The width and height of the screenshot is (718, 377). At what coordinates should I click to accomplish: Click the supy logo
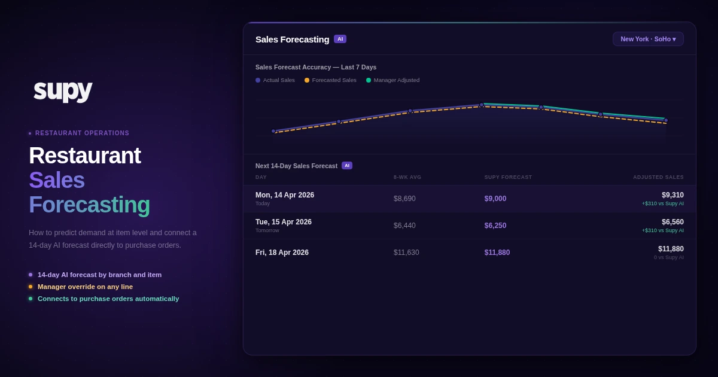tap(63, 89)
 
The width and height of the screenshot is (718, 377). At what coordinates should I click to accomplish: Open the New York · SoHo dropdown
tap(648, 39)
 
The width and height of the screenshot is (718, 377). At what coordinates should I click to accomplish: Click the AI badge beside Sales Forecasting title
tap(340, 39)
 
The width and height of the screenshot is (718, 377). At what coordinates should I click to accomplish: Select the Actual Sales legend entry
tap(275, 80)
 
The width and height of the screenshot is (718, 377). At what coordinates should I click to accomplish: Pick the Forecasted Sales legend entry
tap(330, 80)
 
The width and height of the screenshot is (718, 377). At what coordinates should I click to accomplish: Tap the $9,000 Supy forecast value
tap(495, 199)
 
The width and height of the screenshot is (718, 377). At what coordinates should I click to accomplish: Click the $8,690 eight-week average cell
tap(404, 199)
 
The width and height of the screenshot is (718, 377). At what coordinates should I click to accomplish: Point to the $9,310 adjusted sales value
tap(673, 195)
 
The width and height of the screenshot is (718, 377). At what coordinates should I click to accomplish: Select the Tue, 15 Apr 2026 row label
tap(284, 222)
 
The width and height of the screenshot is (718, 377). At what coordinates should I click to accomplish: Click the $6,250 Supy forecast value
tap(495, 226)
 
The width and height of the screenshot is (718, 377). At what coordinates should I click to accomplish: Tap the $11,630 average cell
tap(406, 253)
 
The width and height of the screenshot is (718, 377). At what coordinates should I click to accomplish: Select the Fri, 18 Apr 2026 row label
tap(282, 253)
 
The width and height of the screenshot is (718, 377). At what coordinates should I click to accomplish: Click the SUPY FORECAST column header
tap(508, 177)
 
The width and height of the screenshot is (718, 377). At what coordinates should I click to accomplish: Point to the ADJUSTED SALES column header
tap(658, 177)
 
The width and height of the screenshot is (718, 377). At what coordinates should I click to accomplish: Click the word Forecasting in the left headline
tap(89, 205)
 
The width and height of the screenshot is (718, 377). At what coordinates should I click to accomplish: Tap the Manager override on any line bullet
tap(85, 287)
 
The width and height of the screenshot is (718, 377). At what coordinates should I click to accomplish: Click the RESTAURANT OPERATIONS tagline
tap(82, 133)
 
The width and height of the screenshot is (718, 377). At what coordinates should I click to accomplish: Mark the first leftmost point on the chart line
tap(273, 131)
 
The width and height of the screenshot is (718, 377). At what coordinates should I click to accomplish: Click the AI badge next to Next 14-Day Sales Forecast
tap(347, 166)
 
